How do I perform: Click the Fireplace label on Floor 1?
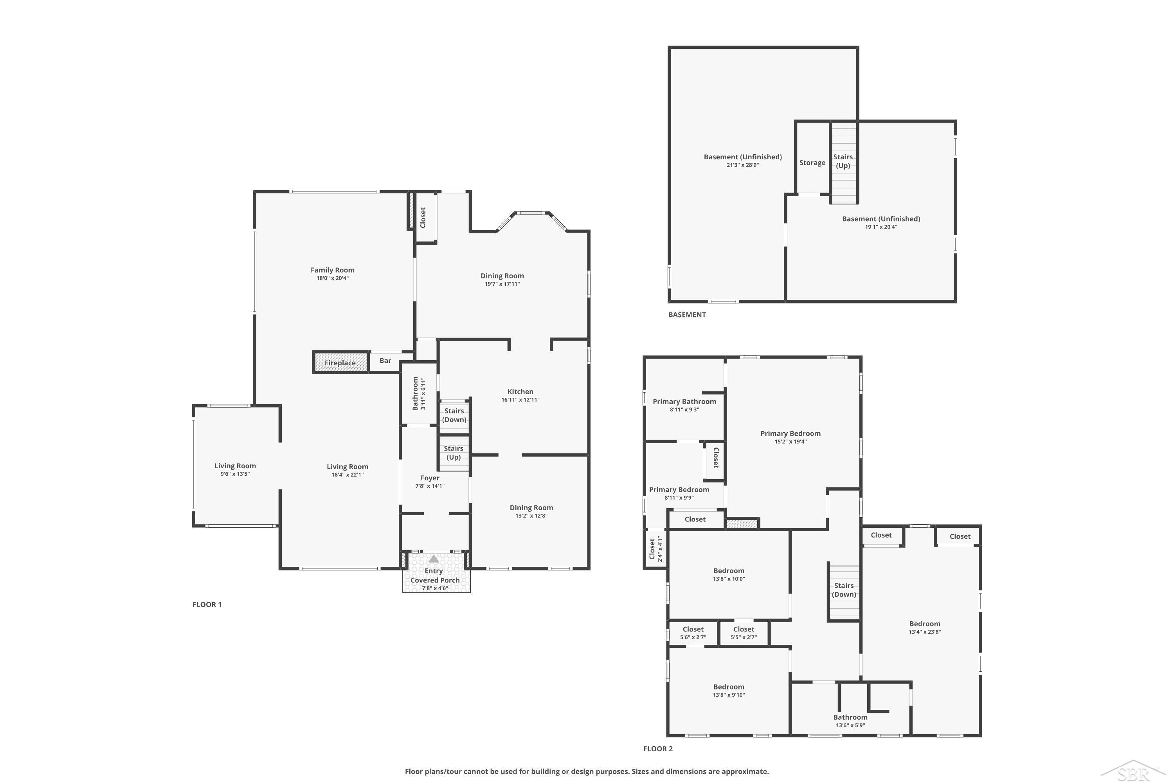tap(340, 363)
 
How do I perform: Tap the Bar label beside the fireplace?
tap(385, 361)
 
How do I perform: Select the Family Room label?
tap(332, 270)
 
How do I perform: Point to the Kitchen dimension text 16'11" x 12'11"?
tap(520, 399)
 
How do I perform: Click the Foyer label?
tap(430, 478)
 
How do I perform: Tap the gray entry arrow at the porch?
tap(434, 559)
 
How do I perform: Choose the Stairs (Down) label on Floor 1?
tap(454, 415)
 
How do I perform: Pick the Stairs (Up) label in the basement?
tap(843, 161)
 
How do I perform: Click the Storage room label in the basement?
tap(812, 163)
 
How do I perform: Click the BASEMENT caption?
tap(687, 315)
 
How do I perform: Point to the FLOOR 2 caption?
tap(658, 749)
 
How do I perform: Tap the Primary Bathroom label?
tap(684, 402)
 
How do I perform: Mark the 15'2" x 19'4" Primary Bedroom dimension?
tap(790, 442)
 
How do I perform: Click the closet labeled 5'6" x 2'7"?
tap(693, 633)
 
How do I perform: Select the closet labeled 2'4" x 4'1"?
tap(655, 549)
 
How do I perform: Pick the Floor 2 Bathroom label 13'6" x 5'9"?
tap(850, 721)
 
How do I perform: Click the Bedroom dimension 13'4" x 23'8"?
tap(925, 632)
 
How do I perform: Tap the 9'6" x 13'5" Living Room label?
tap(235, 470)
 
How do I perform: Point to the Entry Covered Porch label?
tap(435, 579)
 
